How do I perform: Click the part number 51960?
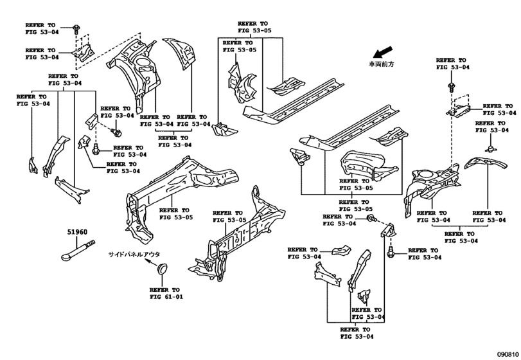(77, 232)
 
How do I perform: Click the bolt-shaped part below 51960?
(78, 250)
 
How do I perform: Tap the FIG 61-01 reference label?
(166, 297)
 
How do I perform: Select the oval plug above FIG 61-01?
(162, 269)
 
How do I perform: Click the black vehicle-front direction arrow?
(382, 52)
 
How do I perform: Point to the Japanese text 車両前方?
(381, 64)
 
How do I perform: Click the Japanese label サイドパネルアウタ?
(134, 255)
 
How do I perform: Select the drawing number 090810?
(508, 354)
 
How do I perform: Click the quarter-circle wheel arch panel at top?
(181, 53)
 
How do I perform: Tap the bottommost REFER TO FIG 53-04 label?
(357, 333)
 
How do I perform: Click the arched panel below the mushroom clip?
(486, 164)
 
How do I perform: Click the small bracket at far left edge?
(33, 165)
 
